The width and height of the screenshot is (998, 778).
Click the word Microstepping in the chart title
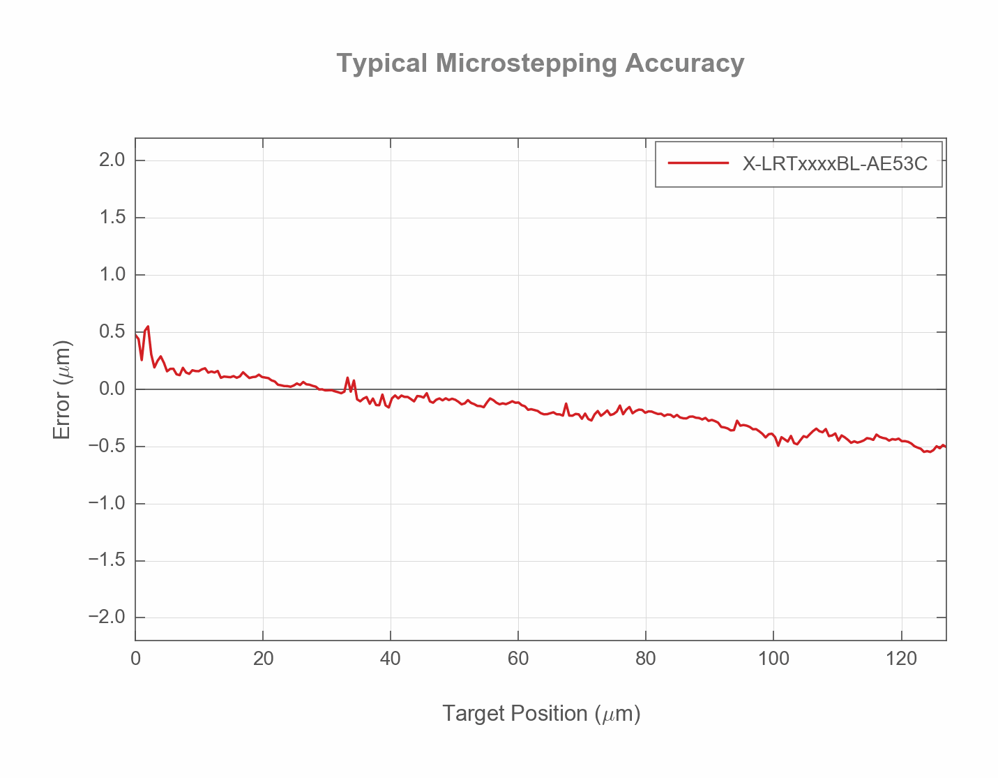click(527, 63)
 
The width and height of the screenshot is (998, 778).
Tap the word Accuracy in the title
click(684, 63)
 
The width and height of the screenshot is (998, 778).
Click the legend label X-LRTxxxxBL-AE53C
click(835, 164)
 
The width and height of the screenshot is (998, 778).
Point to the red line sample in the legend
click(698, 164)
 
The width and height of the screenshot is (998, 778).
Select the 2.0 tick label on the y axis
click(112, 160)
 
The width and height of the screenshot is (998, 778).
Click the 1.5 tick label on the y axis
click(112, 218)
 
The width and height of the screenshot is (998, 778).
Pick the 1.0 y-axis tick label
click(112, 275)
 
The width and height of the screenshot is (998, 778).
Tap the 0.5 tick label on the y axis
click(112, 332)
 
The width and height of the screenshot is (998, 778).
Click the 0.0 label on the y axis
click(112, 389)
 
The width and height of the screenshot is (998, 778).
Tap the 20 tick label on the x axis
click(263, 659)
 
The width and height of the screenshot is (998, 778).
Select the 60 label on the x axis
click(518, 659)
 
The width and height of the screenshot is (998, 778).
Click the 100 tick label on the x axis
click(773, 659)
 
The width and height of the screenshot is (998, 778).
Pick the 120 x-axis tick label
click(901, 659)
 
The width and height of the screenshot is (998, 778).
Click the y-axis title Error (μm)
click(63, 389)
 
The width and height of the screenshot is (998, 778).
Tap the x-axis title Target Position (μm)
click(541, 714)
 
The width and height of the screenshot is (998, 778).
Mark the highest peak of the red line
click(148, 327)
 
